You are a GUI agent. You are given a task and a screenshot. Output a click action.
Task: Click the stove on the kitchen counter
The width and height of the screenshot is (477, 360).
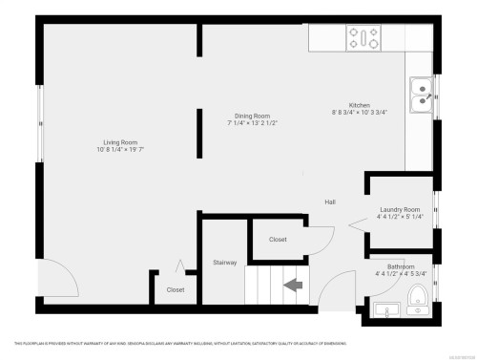pos(363,39)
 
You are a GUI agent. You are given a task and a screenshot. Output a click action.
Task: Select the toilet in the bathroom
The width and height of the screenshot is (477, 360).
pos(416,305)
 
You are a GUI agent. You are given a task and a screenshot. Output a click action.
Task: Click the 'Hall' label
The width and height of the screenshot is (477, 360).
pos(330,202)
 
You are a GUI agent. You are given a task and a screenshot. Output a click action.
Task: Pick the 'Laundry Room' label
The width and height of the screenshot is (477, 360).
pos(399,209)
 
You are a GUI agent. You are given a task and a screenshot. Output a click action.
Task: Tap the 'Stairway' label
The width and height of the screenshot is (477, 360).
pos(224,261)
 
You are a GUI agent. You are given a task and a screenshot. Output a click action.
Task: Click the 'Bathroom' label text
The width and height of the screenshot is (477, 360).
pos(401,266)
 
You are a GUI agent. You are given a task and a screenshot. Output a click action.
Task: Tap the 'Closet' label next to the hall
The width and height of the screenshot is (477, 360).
pos(278,240)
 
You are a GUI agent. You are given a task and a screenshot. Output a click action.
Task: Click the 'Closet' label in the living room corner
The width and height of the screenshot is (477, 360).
pos(176,289)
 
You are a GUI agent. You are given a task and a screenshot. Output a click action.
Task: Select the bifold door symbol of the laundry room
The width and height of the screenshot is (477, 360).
pos(355,225)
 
